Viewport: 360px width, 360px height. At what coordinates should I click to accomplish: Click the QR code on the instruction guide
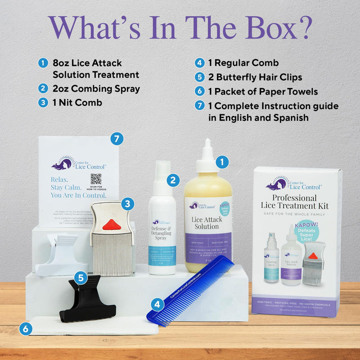pos(95,179)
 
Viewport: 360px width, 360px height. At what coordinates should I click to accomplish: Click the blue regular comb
pos(190,290)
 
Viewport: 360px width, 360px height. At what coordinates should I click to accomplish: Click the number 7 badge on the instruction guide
pos(117,139)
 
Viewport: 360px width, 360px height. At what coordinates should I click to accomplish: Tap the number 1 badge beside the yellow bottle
pos(221,161)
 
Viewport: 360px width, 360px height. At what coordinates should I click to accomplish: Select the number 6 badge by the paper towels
pos(25,328)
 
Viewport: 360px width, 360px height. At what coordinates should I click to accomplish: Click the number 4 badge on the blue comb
pos(157,303)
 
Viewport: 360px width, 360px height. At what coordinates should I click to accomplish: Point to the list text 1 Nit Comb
pos(77,102)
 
